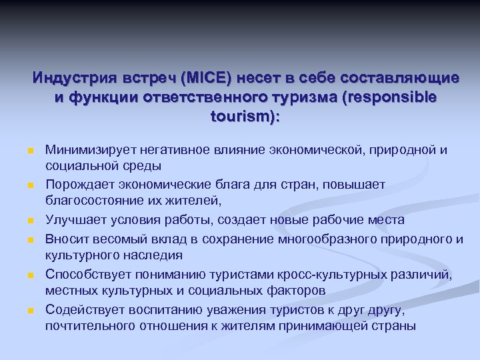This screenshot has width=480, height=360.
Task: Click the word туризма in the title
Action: point(303,97)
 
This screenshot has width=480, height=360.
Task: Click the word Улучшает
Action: point(72,220)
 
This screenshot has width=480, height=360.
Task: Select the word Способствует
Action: point(86,275)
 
